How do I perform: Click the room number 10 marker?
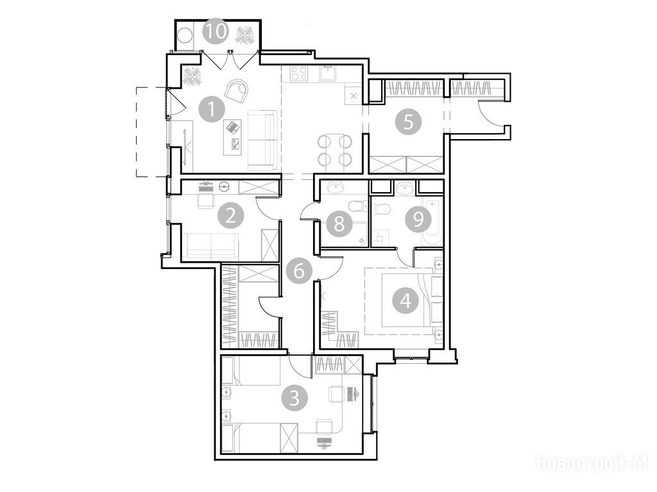[216, 31]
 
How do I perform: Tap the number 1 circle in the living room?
[212, 110]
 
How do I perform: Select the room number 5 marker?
[408, 122]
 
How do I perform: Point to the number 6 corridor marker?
[299, 271]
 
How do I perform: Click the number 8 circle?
[339, 224]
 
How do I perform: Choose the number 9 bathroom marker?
[418, 218]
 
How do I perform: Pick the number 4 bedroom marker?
[405, 301]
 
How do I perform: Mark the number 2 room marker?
[230, 217]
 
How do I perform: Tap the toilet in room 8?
[357, 206]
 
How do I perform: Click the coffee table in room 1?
[232, 137]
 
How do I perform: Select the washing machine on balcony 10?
[184, 35]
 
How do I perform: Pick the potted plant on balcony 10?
[244, 35]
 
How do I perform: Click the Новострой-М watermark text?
[592, 463]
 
